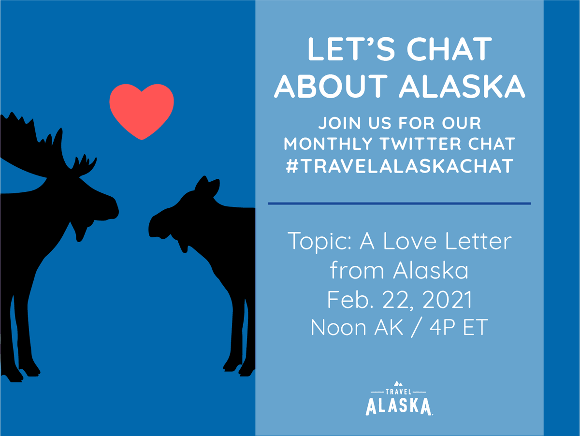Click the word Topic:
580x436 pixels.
pos(319,241)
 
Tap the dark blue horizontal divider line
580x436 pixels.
pos(399,203)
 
